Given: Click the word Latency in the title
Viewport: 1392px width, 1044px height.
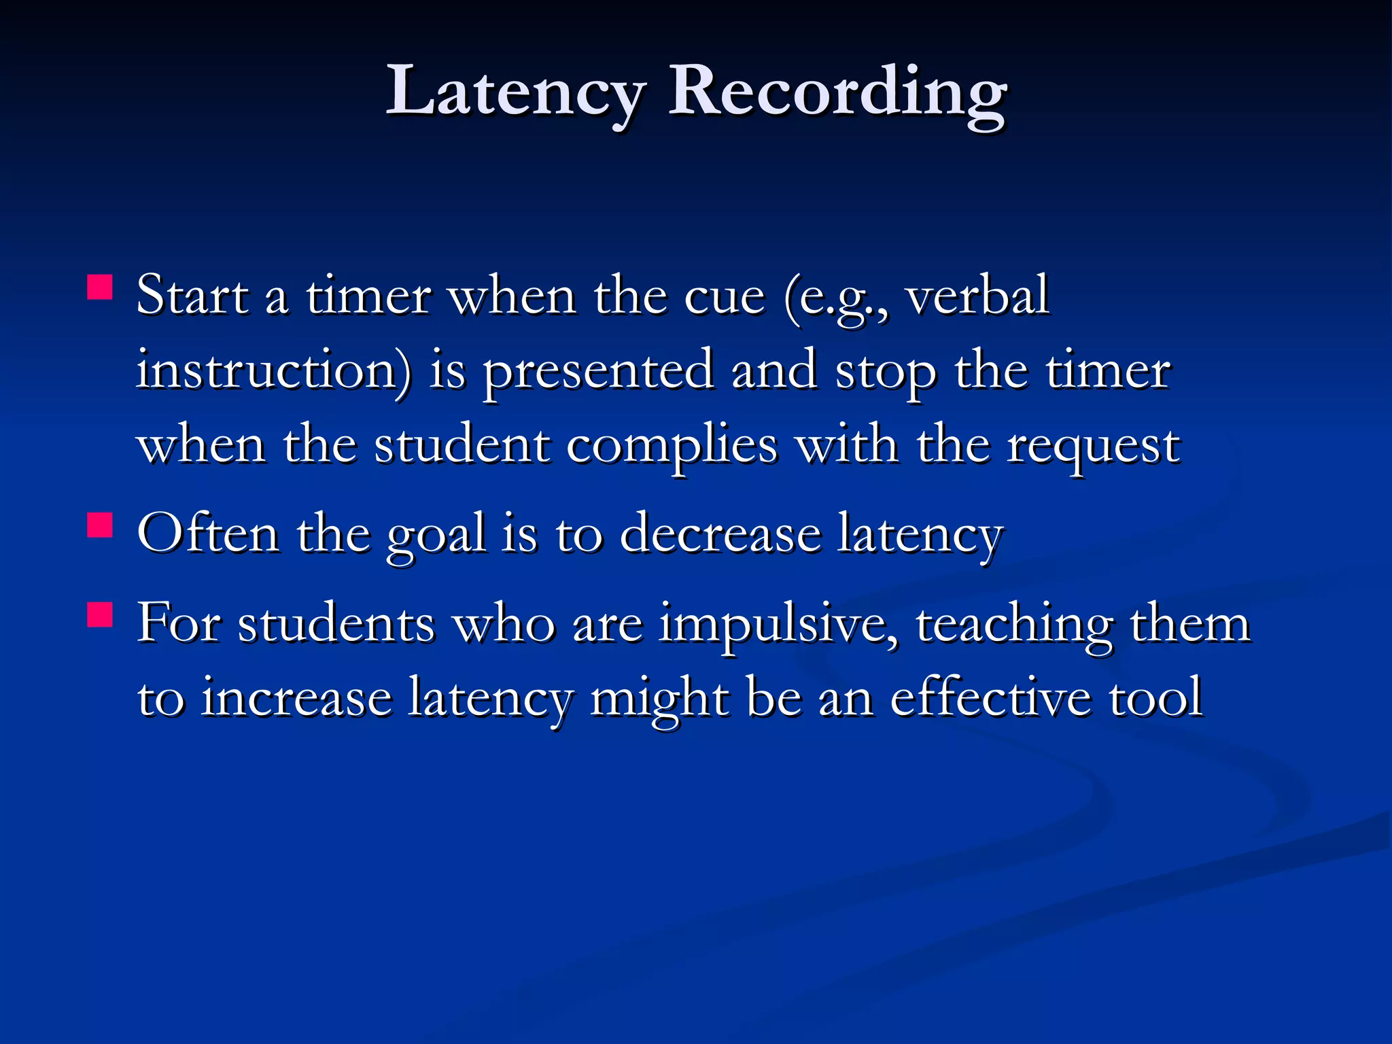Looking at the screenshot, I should click(x=515, y=92).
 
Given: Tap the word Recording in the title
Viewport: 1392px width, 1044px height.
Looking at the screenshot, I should click(x=837, y=92).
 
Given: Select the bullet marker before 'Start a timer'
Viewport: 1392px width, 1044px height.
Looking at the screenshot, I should click(x=100, y=287).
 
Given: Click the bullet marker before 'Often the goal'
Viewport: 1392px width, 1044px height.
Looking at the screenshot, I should click(x=100, y=525).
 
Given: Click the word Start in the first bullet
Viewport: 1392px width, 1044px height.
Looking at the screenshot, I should click(x=192, y=296).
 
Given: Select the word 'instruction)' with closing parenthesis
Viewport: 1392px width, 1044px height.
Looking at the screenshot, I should click(x=274, y=371).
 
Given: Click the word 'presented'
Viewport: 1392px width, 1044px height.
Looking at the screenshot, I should click(x=599, y=372).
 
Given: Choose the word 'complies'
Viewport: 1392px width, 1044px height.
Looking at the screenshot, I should click(x=672, y=447).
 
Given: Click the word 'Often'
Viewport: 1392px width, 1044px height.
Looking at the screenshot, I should click(x=208, y=534).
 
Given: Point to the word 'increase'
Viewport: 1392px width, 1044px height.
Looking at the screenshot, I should click(x=297, y=698).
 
